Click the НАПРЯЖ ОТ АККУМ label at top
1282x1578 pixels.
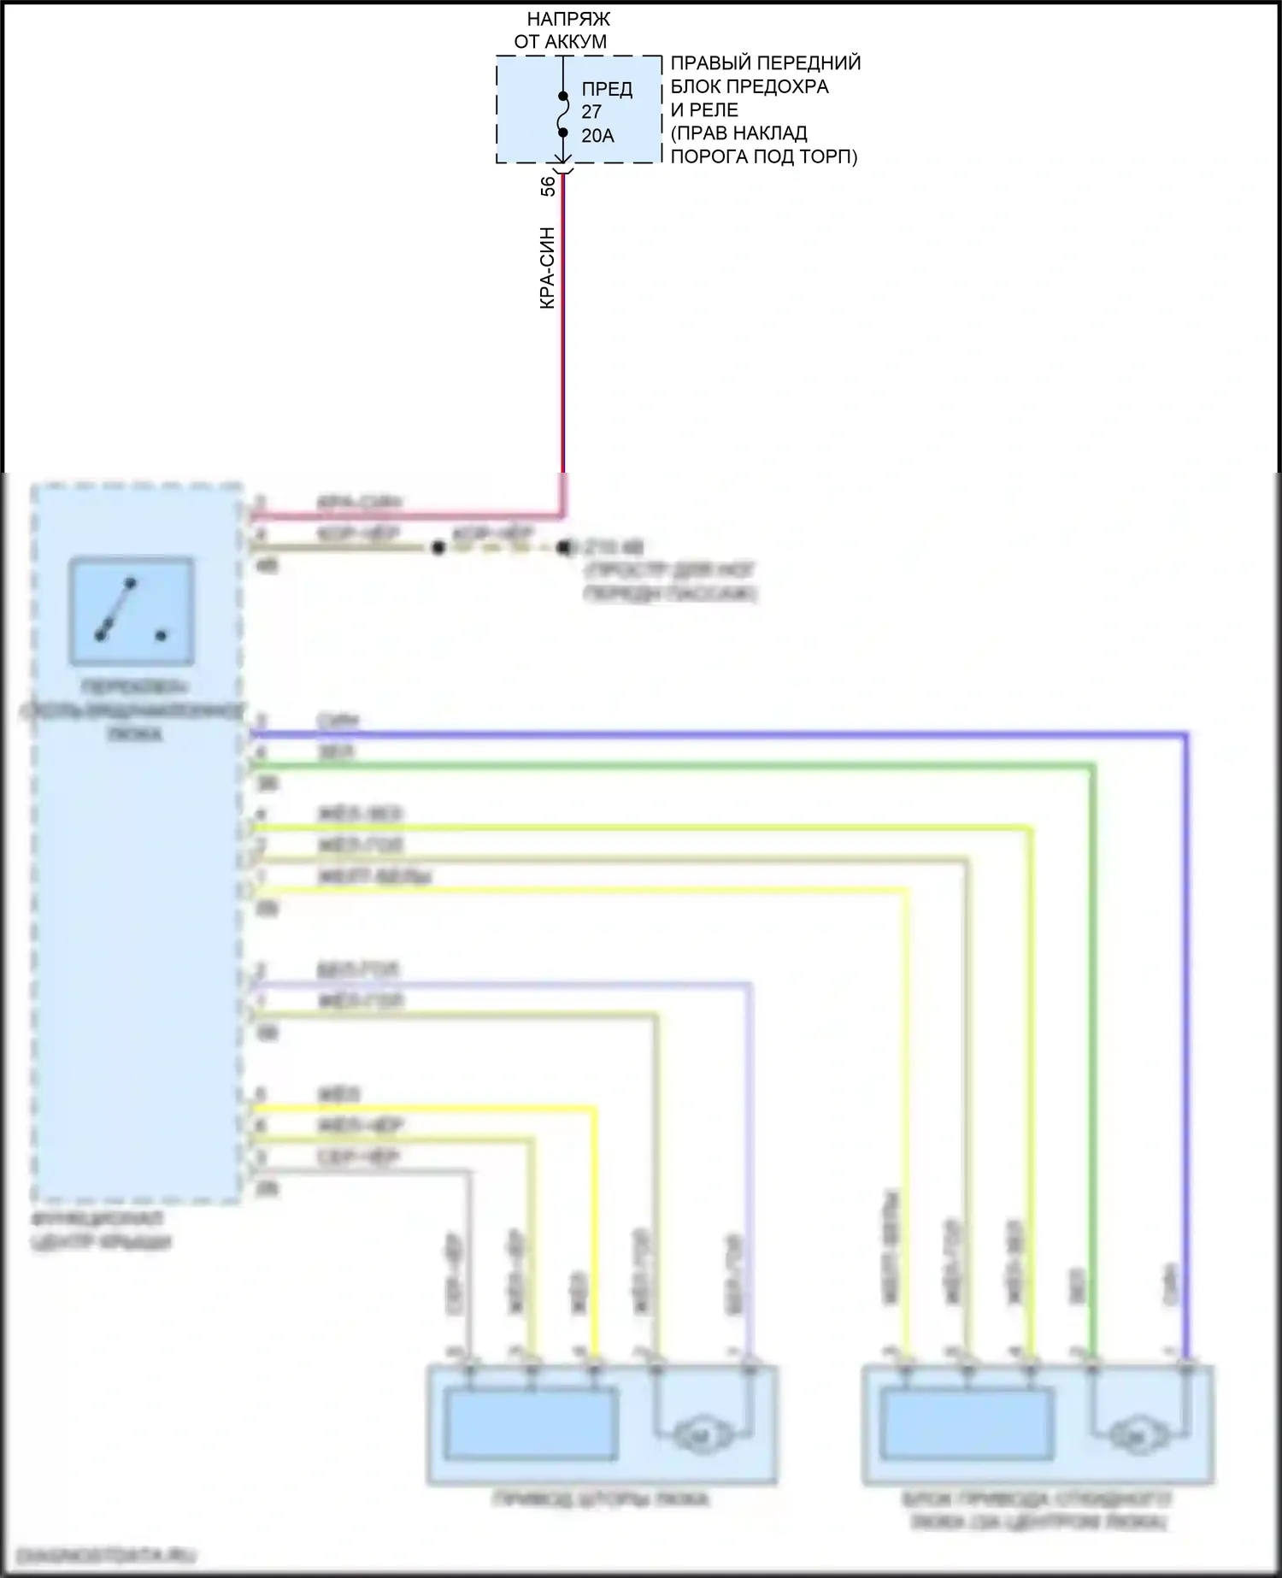click(562, 30)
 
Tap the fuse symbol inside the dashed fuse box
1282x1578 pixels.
click(562, 114)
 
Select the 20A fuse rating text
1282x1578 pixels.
click(597, 136)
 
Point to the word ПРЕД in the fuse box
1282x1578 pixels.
click(607, 89)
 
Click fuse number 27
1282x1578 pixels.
click(591, 112)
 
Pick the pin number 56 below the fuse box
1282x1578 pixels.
click(548, 186)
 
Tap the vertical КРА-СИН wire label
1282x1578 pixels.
click(548, 268)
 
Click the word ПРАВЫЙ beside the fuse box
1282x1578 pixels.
click(709, 63)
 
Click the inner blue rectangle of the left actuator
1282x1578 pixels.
click(531, 1424)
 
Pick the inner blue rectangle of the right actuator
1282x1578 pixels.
click(967, 1424)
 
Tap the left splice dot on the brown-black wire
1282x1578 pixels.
click(438, 548)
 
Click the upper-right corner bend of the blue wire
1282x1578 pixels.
click(1186, 734)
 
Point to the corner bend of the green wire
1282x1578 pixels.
click(1091, 767)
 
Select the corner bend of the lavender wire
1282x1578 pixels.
click(750, 985)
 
